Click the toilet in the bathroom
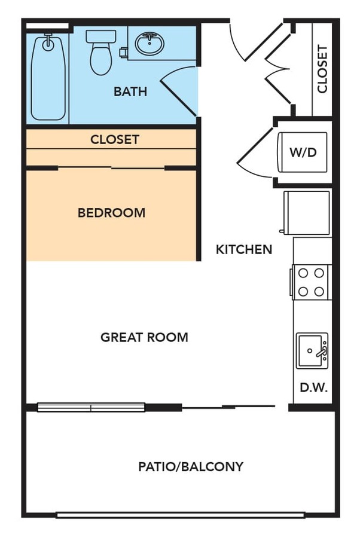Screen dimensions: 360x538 tap(100, 53)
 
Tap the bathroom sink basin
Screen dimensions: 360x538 tap(150, 44)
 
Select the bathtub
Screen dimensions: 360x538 tap(48, 77)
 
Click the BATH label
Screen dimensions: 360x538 tap(130, 91)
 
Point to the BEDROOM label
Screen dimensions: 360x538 tap(112, 213)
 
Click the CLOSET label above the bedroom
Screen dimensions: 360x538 tap(115, 140)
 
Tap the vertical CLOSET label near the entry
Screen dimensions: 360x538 tap(322, 69)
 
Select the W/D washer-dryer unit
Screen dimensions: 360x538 tap(303, 152)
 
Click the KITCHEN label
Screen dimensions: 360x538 tap(244, 249)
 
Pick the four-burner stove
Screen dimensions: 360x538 tap(310, 282)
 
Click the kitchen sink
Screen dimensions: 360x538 tap(312, 351)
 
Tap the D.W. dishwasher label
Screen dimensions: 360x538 tap(314, 387)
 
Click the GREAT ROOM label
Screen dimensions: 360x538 tap(145, 337)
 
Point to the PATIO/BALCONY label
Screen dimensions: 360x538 tap(191, 467)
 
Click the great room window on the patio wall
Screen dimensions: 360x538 tap(91, 407)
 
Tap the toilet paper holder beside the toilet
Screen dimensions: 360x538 tap(123, 52)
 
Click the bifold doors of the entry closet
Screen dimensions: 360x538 tap(277, 69)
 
